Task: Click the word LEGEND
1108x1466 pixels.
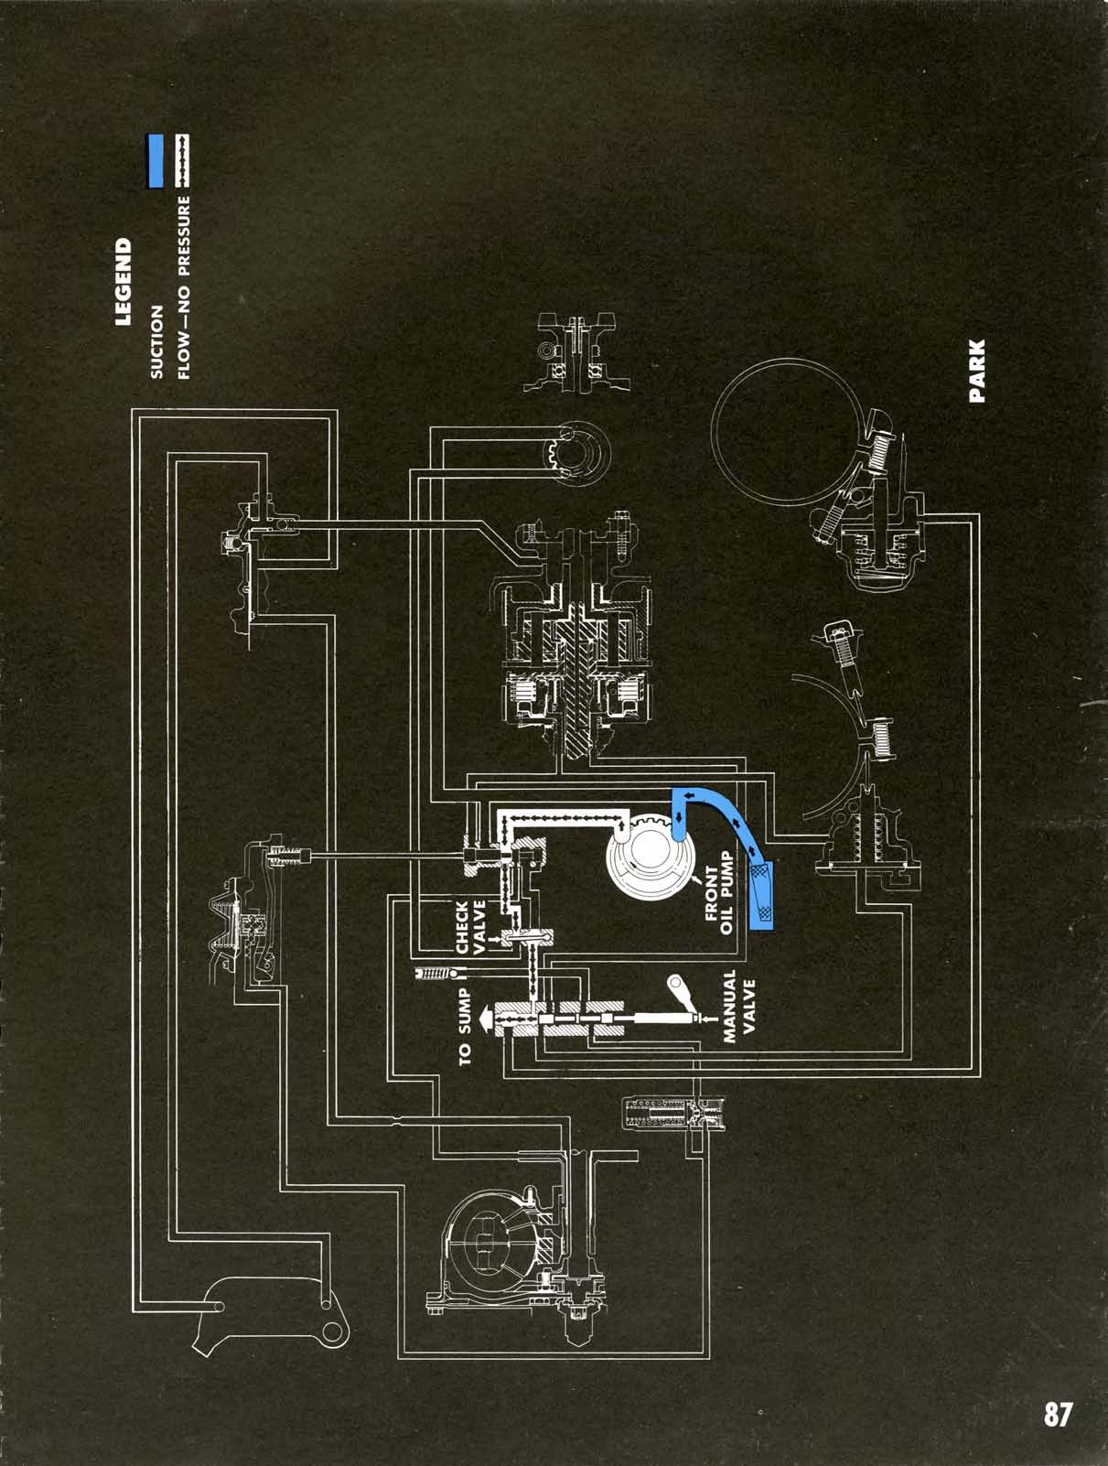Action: tap(123, 283)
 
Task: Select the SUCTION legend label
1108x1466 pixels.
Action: tap(156, 341)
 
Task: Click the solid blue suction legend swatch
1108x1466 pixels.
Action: tap(156, 162)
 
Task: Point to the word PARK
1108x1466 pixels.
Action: tap(977, 371)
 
